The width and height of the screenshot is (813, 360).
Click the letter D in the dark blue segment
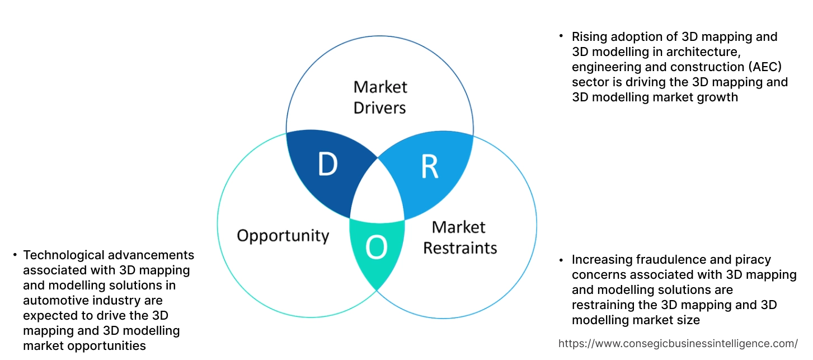point(327,163)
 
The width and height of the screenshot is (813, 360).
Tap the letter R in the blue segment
point(429,167)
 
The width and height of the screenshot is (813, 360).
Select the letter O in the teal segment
point(377,248)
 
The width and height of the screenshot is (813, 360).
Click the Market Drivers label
point(380,97)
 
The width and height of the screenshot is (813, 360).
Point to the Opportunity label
point(283,235)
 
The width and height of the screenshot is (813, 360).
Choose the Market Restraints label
point(459,237)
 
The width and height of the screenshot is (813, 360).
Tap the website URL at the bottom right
point(678,343)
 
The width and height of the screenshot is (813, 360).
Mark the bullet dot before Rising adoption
point(561,36)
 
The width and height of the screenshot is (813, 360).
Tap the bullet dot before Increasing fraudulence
point(561,260)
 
